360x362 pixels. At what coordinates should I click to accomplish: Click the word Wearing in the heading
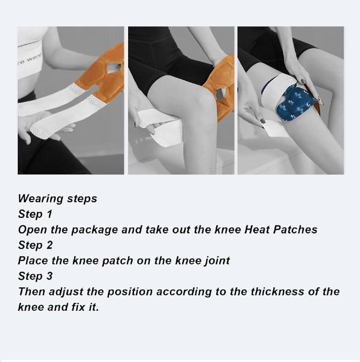(x=41, y=199)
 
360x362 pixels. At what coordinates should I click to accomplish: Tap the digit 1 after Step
(x=49, y=214)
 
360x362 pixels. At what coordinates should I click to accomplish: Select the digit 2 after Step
(x=49, y=245)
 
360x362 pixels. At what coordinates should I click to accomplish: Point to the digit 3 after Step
(x=49, y=276)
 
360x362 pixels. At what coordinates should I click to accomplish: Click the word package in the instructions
(x=94, y=230)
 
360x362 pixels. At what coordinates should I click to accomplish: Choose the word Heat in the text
(x=257, y=229)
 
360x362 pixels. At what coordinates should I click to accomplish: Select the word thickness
(x=278, y=291)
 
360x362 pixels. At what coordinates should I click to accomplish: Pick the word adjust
(x=66, y=292)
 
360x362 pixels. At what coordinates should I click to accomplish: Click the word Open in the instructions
(x=32, y=230)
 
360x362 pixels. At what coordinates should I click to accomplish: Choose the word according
(x=184, y=292)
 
